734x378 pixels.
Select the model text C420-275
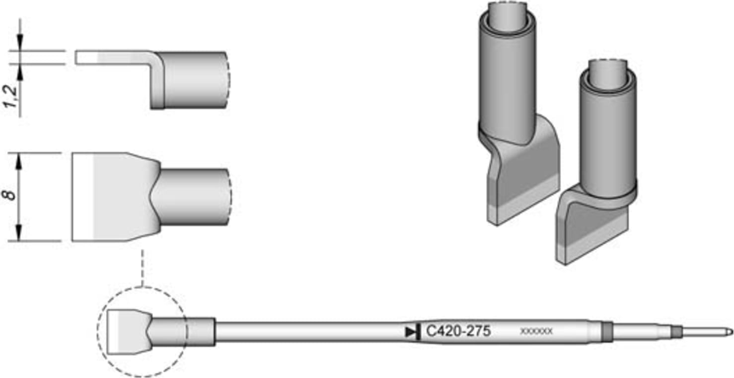click(x=458, y=331)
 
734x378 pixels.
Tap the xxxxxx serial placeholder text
click(x=536, y=331)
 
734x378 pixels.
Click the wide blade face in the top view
click(x=114, y=196)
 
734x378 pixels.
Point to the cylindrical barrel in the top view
click(x=194, y=196)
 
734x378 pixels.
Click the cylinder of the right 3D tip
click(x=608, y=134)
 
